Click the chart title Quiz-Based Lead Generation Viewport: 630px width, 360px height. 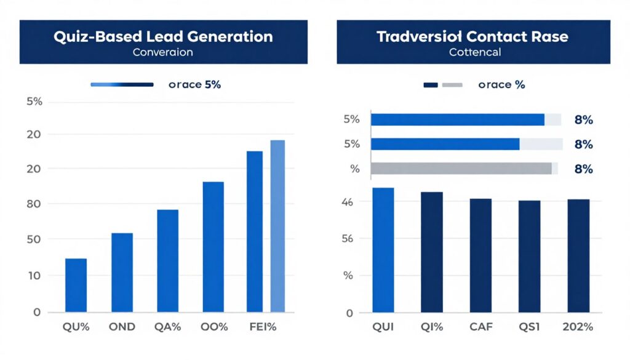[163, 36]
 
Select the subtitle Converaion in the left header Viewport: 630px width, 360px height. [163, 52]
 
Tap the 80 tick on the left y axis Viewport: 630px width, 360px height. [34, 204]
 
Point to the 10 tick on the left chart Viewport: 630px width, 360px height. [34, 276]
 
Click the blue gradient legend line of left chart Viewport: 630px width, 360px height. [122, 84]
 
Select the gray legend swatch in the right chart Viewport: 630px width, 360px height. [452, 85]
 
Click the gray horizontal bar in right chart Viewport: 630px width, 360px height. [461, 169]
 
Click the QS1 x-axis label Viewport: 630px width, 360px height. [528, 327]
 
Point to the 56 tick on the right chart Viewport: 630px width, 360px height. [349, 239]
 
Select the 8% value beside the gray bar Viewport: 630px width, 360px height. [583, 169]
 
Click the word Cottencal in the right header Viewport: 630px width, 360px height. [474, 52]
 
